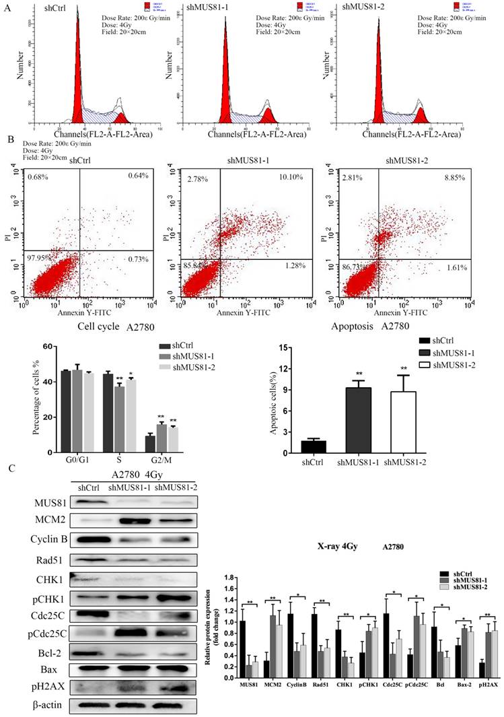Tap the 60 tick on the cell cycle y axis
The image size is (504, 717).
[x=48, y=346]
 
